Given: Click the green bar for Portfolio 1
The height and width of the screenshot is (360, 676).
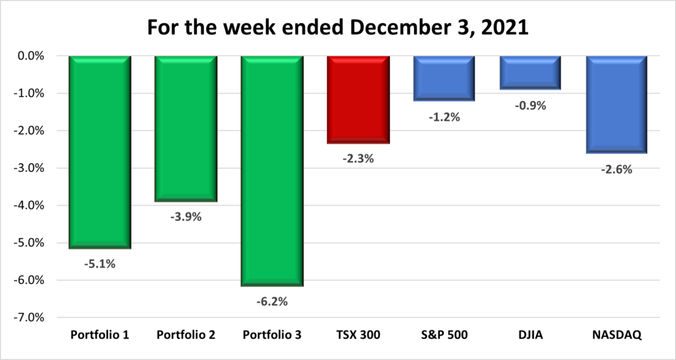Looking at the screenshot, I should click(100, 153).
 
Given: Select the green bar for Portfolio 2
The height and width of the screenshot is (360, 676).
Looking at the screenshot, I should click(186, 129).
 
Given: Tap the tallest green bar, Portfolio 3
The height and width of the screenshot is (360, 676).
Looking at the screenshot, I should click(272, 172).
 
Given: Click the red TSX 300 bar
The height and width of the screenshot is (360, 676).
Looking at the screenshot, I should click(358, 100).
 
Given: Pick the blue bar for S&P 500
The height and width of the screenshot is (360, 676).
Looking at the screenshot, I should click(444, 79).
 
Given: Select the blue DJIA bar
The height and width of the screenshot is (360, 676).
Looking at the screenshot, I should click(530, 73).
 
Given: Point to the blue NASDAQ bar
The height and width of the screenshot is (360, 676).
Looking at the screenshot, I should click(616, 105).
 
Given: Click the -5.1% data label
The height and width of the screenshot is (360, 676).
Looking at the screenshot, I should click(100, 264).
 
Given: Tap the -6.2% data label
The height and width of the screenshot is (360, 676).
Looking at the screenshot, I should click(272, 302).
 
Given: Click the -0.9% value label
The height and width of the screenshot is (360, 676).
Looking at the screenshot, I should click(530, 105).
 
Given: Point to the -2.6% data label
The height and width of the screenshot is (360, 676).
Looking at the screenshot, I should click(616, 169).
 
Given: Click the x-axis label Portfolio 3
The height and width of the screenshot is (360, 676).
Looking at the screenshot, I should click(272, 335).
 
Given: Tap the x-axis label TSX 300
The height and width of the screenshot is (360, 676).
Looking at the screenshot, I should click(358, 335).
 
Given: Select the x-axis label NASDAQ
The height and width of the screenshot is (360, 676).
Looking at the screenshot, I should click(616, 335).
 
